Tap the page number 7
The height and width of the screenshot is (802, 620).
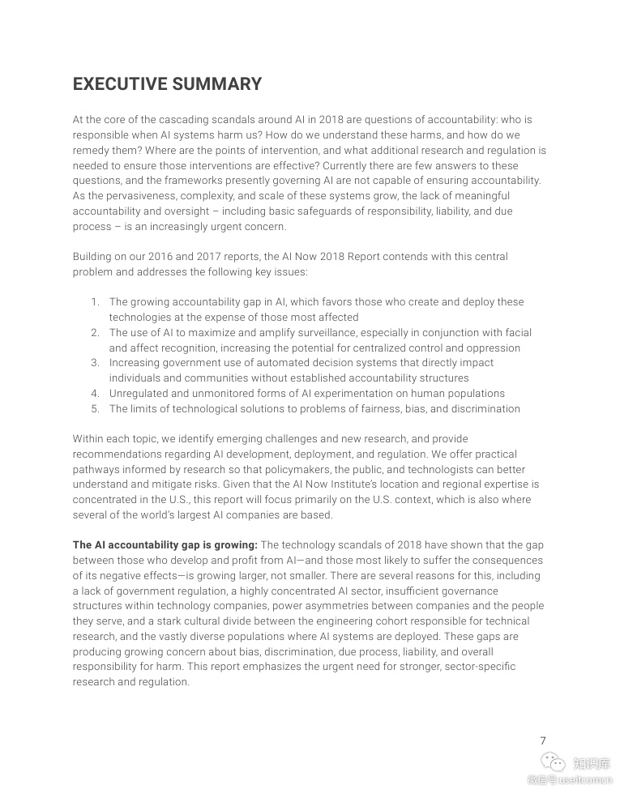point(543,740)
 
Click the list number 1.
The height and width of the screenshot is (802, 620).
point(95,302)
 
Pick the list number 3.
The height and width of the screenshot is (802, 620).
point(95,363)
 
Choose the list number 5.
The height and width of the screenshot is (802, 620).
point(95,408)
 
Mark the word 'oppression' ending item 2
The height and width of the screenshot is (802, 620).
point(493,348)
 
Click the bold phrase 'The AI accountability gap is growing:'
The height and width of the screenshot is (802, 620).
point(165,545)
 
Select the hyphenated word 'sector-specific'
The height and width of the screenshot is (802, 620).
point(476,667)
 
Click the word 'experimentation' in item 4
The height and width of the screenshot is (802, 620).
point(346,394)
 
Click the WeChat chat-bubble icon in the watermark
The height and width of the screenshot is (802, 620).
point(552,763)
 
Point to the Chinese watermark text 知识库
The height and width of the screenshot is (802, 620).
point(592,763)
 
